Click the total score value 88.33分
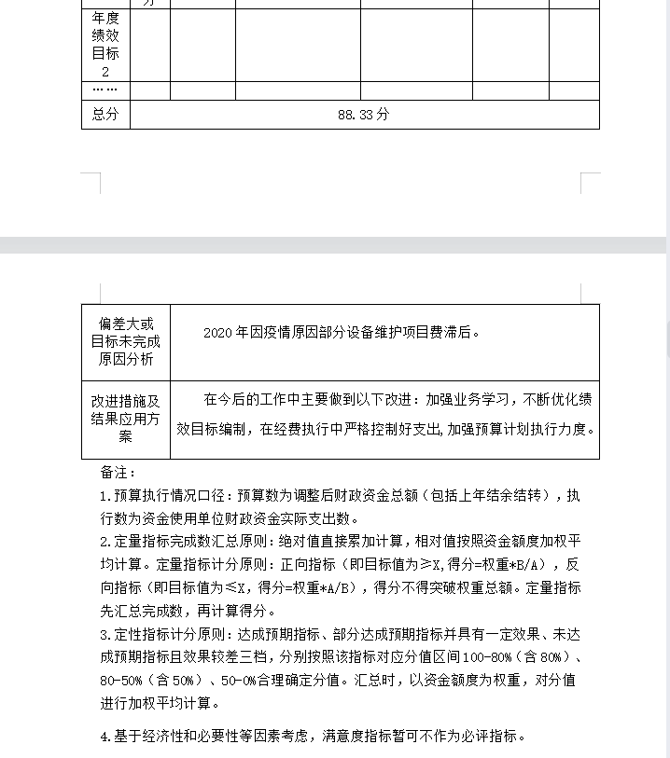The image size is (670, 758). (x=363, y=114)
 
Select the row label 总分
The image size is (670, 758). (x=105, y=114)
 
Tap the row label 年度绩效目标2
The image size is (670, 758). (x=105, y=45)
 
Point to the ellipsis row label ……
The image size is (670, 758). (x=105, y=90)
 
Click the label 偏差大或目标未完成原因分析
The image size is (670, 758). (x=125, y=341)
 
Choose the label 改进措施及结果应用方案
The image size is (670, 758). (x=125, y=419)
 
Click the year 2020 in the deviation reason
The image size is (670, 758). (x=216, y=332)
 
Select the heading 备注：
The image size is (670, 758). (x=119, y=473)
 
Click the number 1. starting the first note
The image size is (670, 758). (x=105, y=496)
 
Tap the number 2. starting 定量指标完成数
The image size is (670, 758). (x=105, y=542)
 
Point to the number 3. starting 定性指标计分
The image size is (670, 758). (x=105, y=634)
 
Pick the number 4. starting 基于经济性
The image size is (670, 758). (x=105, y=737)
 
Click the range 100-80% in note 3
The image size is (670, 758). (x=496, y=657)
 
